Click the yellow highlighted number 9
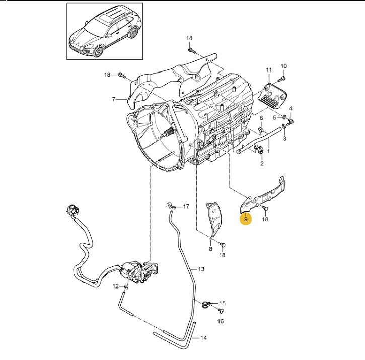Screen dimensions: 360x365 pyautogui.click(x=246, y=220)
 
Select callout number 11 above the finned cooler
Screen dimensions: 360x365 pyautogui.click(x=269, y=69)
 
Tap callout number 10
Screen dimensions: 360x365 pyautogui.click(x=283, y=66)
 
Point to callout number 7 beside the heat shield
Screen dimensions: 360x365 pyautogui.click(x=114, y=99)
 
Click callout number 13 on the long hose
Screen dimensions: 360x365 pyautogui.click(x=201, y=270)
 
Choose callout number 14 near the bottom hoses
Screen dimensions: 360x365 pyautogui.click(x=204, y=338)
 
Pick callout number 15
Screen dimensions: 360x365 pyautogui.click(x=222, y=304)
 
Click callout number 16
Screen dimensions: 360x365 pyautogui.click(x=220, y=321)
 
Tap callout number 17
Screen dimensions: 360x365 pyautogui.click(x=186, y=207)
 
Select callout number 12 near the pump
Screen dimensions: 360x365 pyautogui.click(x=115, y=286)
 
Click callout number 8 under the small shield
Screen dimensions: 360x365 pyautogui.click(x=210, y=249)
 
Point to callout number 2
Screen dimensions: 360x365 pyautogui.click(x=262, y=164)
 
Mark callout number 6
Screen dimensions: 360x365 pyautogui.click(x=261, y=118)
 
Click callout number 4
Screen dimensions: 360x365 pyautogui.click(x=290, y=109)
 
